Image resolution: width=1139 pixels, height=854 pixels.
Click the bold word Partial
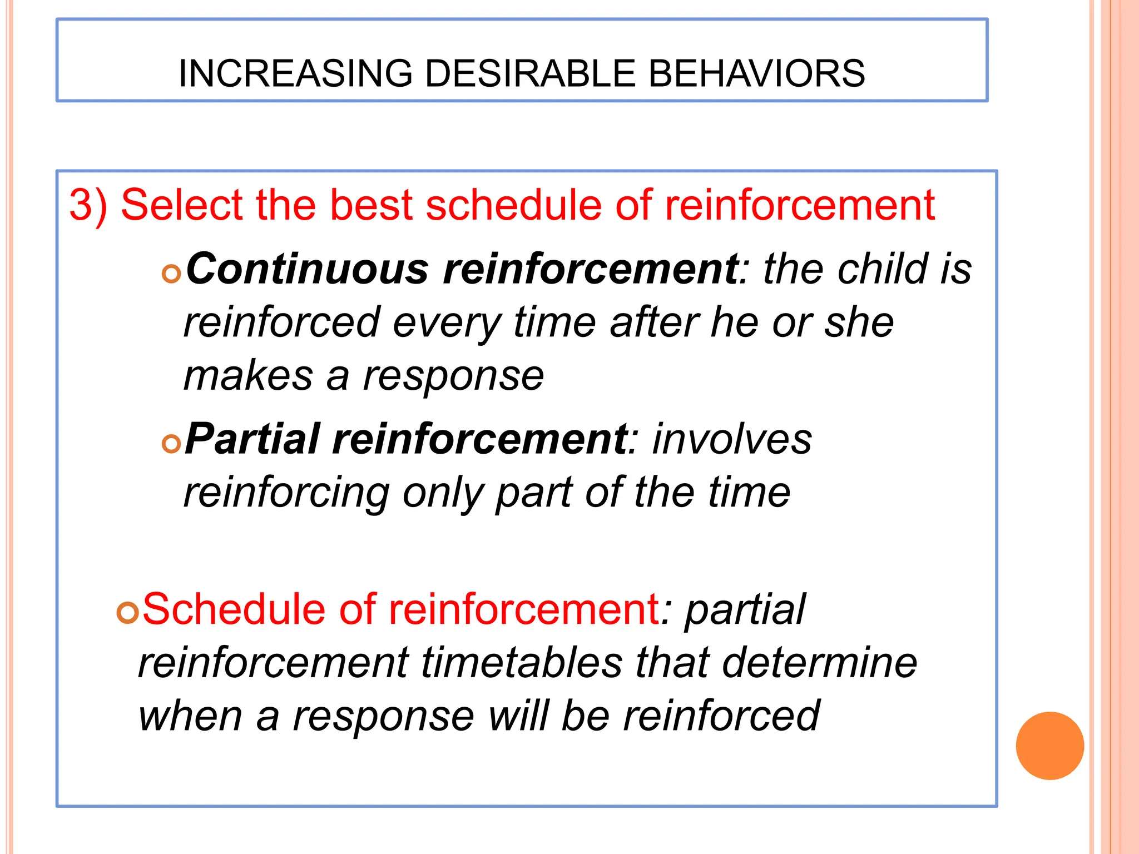[252, 439]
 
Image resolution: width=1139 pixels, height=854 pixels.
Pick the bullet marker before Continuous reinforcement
[171, 274]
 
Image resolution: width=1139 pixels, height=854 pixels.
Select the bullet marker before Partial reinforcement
[171, 444]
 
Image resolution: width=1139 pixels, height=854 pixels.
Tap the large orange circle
[1049, 746]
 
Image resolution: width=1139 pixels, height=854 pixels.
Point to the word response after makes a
[453, 376]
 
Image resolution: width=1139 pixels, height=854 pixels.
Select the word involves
[732, 439]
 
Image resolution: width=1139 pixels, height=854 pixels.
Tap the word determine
[819, 663]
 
